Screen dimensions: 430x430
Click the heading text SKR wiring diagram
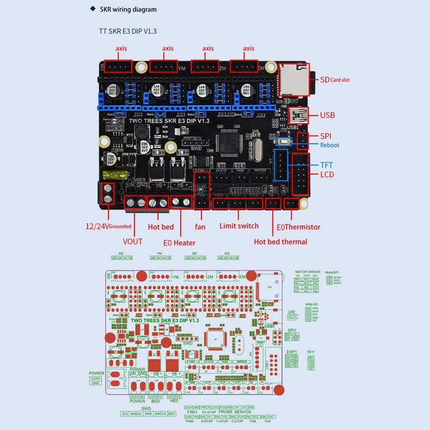pyautogui.click(x=134, y=10)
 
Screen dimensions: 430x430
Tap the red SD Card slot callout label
pyautogui.click(x=334, y=80)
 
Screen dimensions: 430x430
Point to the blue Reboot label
pyautogui.click(x=329, y=145)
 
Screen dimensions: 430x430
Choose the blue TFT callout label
pyautogui.click(x=327, y=166)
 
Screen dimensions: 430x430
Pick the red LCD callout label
pyautogui.click(x=327, y=175)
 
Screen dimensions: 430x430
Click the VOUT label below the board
pyautogui.click(x=132, y=241)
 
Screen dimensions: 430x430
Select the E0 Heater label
pyautogui.click(x=180, y=242)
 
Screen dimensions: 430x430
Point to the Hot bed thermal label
pyautogui.click(x=281, y=242)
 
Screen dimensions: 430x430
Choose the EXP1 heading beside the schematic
pyautogui.click(x=292, y=352)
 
